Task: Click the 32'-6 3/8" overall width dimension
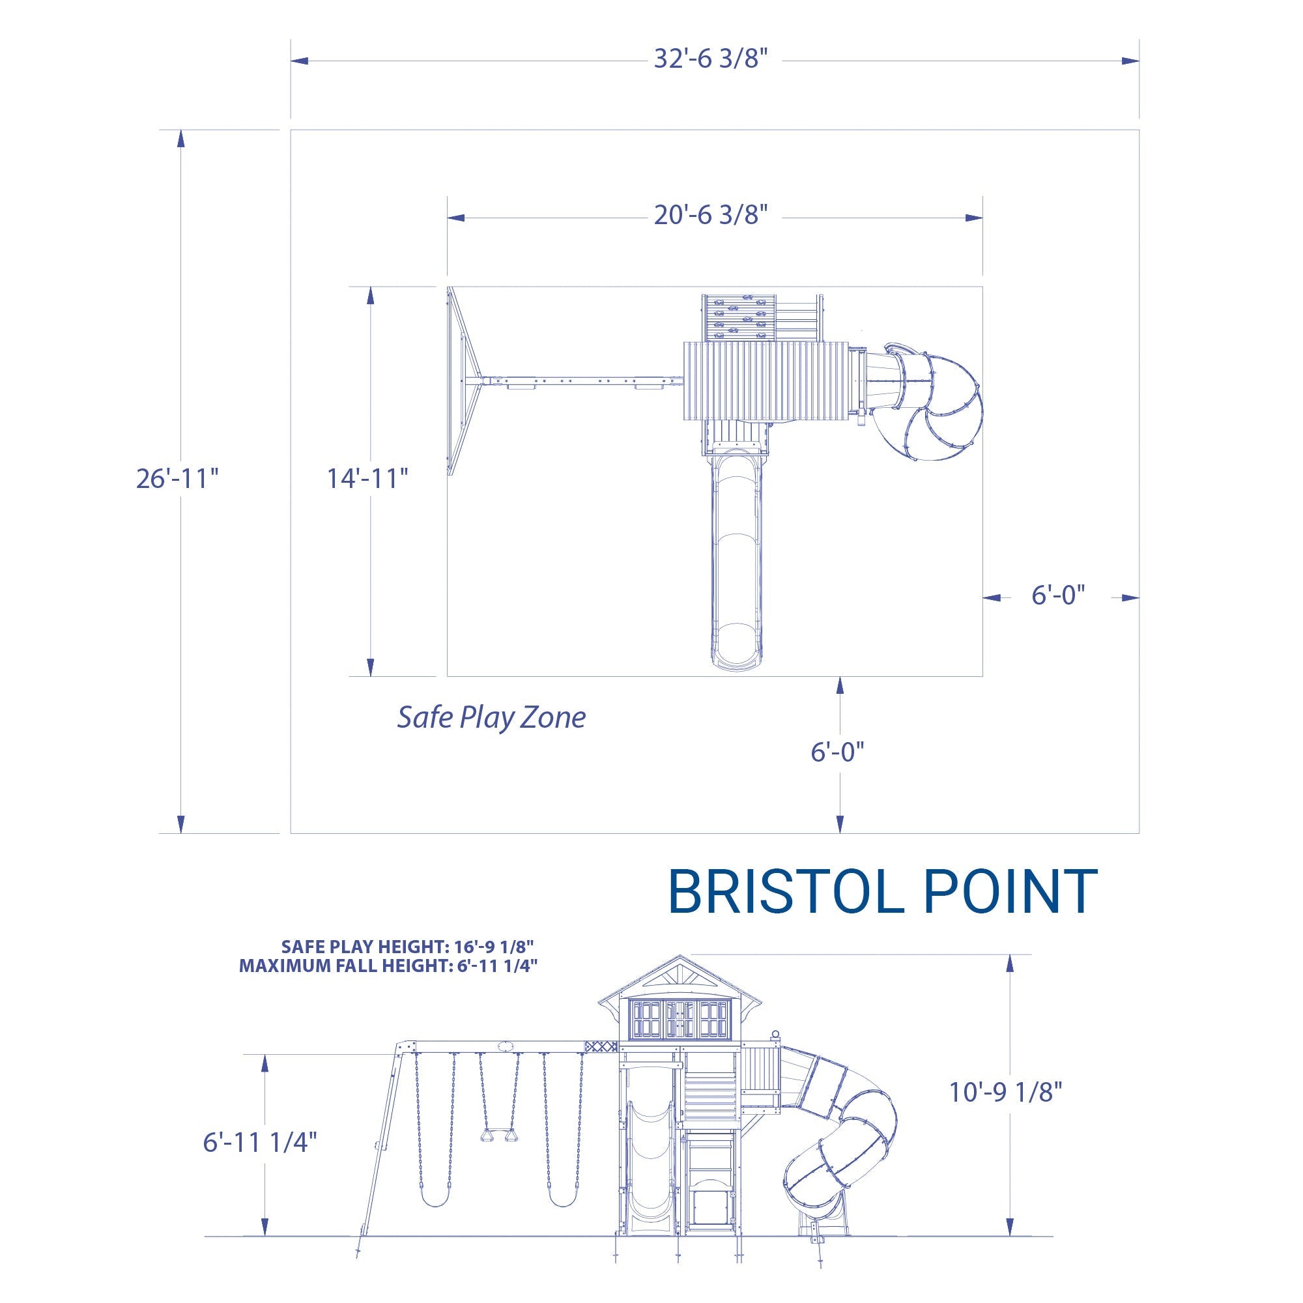tap(711, 59)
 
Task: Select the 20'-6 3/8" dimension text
tap(711, 215)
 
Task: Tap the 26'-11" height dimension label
tap(177, 479)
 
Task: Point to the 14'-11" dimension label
tap(367, 479)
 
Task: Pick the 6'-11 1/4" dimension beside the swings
tap(260, 1143)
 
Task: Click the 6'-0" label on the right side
tap(1058, 595)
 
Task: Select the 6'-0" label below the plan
tap(837, 752)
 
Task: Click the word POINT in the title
tap(1010, 893)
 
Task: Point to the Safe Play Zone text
tap(491, 717)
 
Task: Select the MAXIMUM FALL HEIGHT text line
tap(388, 966)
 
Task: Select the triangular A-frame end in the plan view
tap(463, 382)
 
